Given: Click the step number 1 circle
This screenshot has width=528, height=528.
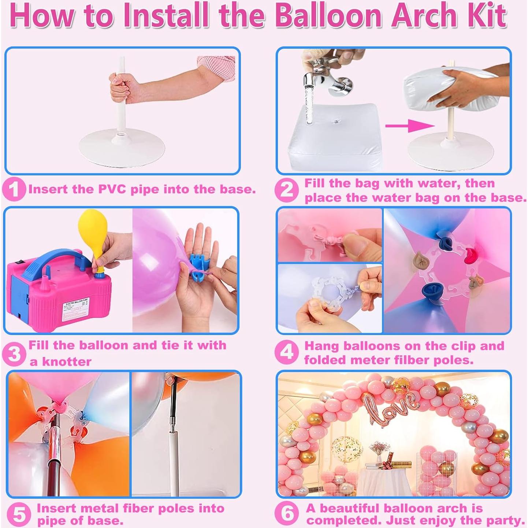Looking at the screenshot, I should pos(14,189).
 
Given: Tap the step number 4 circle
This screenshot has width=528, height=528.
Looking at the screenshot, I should pos(287,352).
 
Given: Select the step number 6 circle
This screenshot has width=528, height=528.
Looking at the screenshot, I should pos(287,513).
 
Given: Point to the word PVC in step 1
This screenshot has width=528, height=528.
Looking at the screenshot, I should pos(112,189).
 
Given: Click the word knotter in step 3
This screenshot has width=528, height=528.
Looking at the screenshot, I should pos(61,362).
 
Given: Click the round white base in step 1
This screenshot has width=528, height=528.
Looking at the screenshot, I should pos(121,150).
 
